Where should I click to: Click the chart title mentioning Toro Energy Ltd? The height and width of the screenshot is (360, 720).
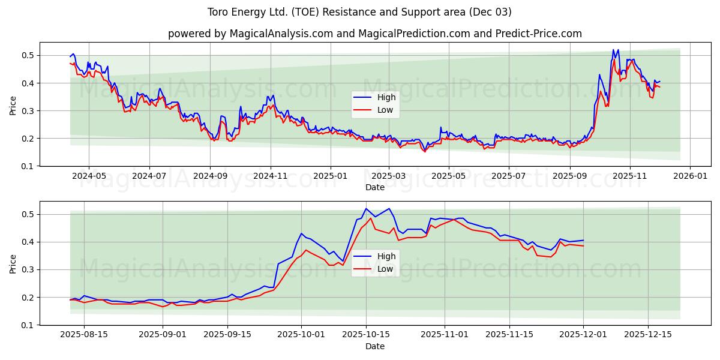(359, 12)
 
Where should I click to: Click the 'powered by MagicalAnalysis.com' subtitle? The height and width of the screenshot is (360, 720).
(374, 34)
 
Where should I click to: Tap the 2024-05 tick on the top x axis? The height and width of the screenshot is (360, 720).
(89, 176)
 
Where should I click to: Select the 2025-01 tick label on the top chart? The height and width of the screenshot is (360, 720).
(330, 176)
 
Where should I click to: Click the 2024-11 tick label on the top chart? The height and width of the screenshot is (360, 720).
(270, 176)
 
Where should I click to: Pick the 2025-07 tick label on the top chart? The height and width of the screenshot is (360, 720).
(508, 176)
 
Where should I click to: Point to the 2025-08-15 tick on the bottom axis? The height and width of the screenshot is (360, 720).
(84, 335)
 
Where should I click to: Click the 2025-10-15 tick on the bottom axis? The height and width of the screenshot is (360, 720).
(366, 335)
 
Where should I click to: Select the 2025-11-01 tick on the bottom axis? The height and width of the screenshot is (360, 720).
(445, 335)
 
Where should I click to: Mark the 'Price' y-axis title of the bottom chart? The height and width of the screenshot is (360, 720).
(13, 263)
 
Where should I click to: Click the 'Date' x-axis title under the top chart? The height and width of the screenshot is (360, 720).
(374, 187)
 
